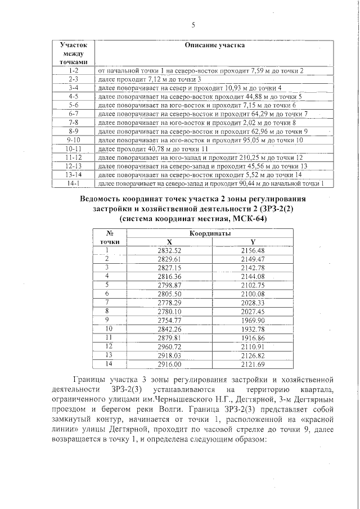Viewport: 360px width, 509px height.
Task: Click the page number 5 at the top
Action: tap(193, 25)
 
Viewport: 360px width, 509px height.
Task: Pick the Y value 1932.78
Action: tap(253, 328)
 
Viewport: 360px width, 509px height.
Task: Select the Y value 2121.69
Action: tap(253, 364)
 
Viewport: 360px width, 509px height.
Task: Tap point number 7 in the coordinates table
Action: tap(106, 302)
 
